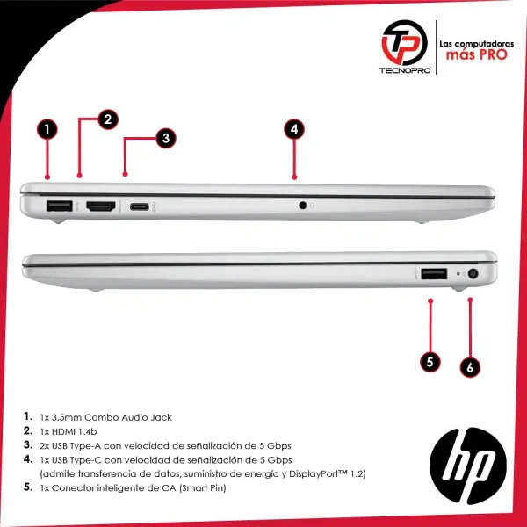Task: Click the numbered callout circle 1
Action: click(47, 129)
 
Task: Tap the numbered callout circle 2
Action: click(108, 119)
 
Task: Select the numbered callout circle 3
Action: click(166, 138)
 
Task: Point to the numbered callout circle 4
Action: click(294, 129)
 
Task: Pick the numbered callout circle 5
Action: click(430, 362)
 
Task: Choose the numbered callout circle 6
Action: click(470, 367)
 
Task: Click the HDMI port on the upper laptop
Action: click(101, 206)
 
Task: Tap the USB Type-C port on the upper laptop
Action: click(140, 206)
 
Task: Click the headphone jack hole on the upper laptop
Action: click(302, 205)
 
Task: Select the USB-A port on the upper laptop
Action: click(60, 206)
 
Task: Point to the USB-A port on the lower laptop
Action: click(434, 273)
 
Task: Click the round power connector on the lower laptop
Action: click(473, 274)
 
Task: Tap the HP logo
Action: click(468, 466)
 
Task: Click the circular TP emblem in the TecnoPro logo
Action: click(404, 43)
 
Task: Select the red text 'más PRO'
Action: click(476, 54)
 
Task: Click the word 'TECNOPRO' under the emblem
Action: click(405, 70)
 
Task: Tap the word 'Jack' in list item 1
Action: click(162, 417)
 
